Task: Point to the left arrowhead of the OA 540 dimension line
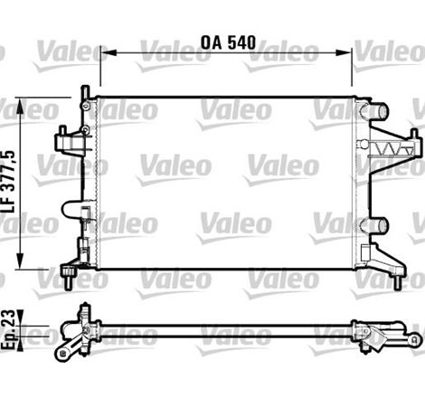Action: [x=103, y=52]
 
